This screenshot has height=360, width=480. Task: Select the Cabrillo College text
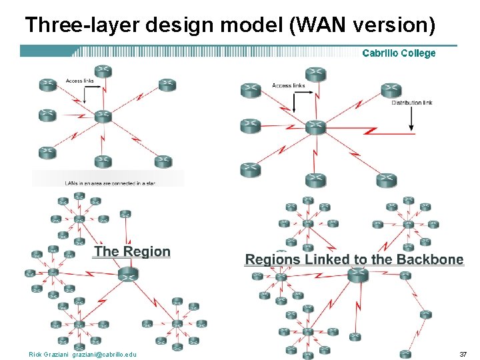click(x=399, y=53)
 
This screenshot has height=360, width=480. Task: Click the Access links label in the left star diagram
click(x=79, y=81)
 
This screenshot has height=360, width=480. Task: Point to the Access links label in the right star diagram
click(x=289, y=85)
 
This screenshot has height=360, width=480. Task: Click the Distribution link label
click(x=412, y=103)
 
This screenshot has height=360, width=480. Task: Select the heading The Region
click(x=132, y=251)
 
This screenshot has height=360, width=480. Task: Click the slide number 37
click(x=463, y=353)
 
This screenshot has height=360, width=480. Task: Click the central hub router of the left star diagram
click(x=102, y=117)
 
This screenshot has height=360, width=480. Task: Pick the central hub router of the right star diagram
click(x=315, y=127)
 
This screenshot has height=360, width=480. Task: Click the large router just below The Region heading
click(x=127, y=274)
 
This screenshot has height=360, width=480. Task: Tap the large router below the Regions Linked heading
click(x=357, y=274)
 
